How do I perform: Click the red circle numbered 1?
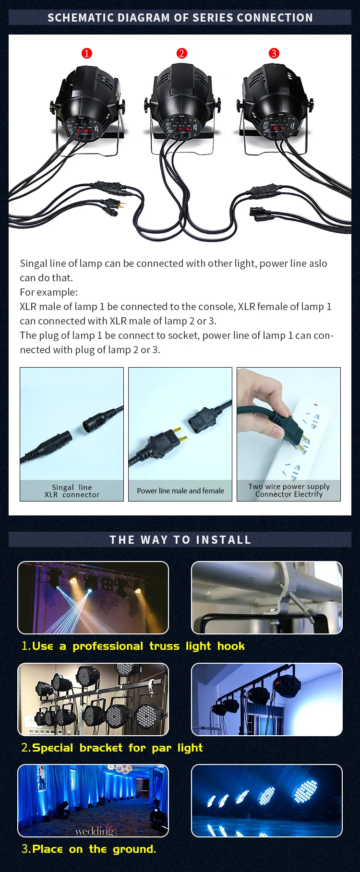pos(86,53)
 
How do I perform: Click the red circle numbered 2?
pos(181,53)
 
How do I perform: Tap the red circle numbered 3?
pos(274,53)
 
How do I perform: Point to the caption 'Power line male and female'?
pos(180,491)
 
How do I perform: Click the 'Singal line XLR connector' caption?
pos(72,491)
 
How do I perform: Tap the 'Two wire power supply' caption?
pos(289,486)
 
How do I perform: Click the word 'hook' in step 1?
pos(231,646)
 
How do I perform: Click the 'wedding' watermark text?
pos(95,831)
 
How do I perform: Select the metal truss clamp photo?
pos(267,597)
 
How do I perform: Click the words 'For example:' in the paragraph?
pos(48,292)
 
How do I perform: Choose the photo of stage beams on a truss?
pos(93,597)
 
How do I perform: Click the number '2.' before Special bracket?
pos(26,748)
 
